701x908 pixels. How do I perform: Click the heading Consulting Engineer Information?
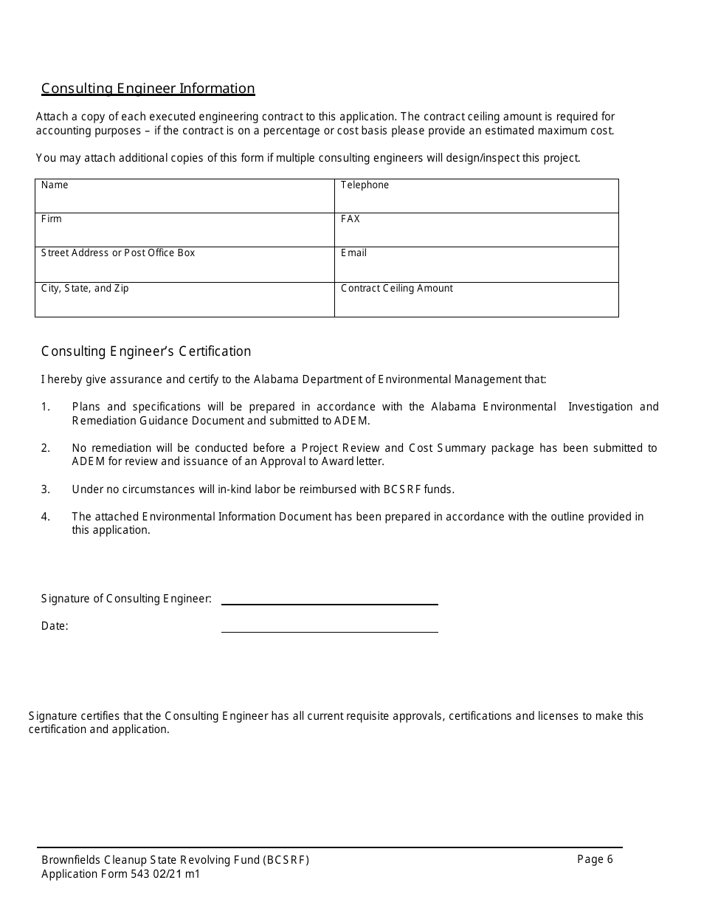click(148, 89)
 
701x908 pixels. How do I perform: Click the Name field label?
click(55, 185)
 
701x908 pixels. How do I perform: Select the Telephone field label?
click(365, 185)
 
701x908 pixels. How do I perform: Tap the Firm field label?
click(52, 219)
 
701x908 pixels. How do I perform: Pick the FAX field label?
click(350, 219)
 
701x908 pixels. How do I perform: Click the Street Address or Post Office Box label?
click(118, 253)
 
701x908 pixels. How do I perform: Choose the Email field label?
click(353, 253)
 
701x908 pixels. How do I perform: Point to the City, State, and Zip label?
click(85, 289)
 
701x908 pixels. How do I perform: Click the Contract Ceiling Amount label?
click(397, 289)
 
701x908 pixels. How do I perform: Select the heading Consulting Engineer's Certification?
click(146, 351)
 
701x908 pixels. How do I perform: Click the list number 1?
click(46, 407)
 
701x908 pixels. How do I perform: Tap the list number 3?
click(46, 489)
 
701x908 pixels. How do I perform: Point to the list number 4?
click(46, 517)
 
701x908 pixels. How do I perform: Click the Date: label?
click(55, 627)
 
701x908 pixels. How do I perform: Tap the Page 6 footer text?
click(595, 859)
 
